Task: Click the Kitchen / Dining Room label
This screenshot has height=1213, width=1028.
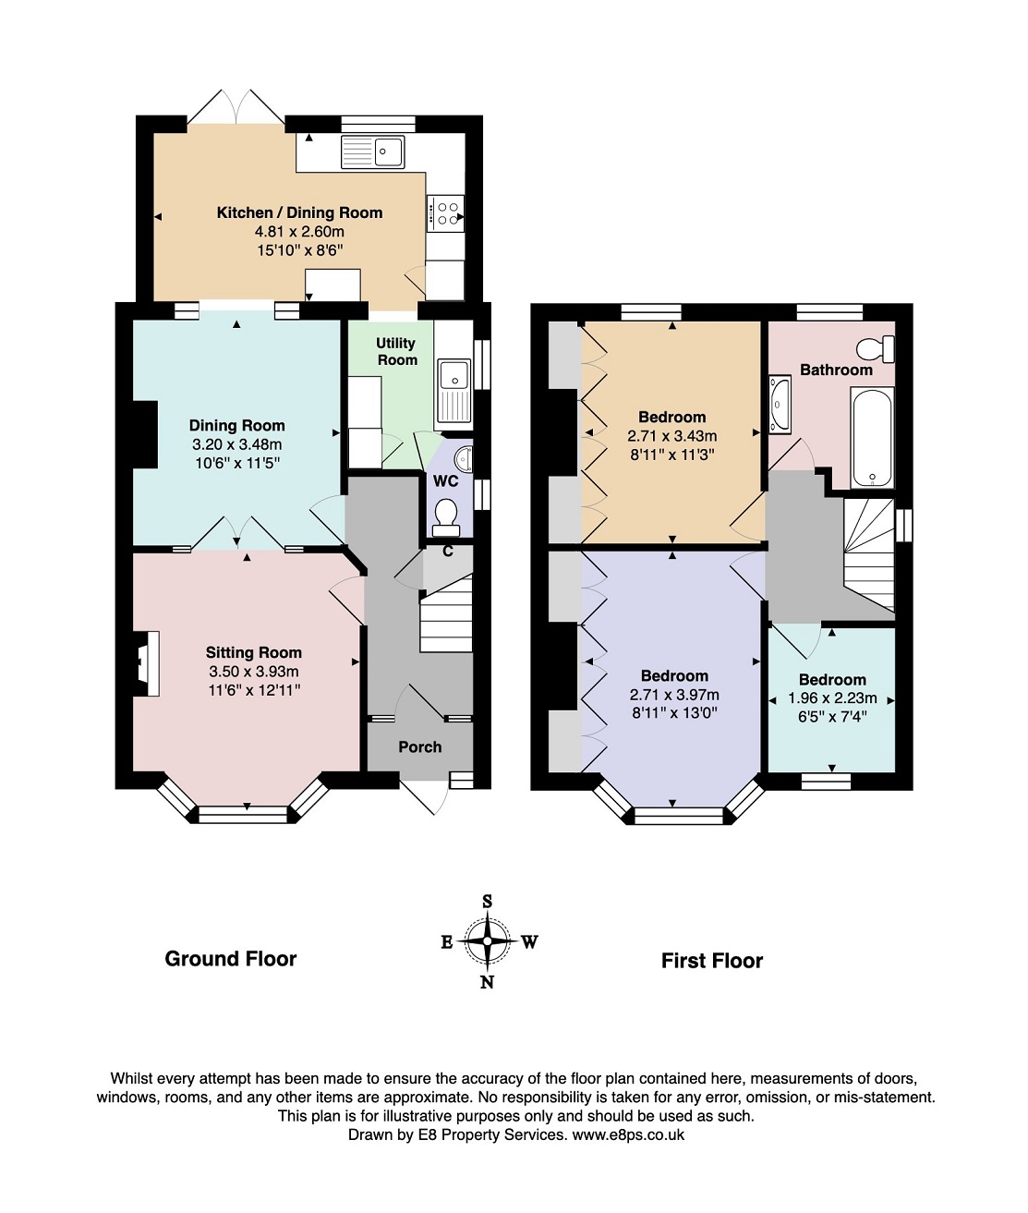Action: tap(299, 212)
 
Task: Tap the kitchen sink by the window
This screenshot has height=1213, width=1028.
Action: tap(373, 152)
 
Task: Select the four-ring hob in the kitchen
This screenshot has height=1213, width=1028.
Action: tap(445, 213)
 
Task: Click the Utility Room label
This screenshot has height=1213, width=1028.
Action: tap(396, 351)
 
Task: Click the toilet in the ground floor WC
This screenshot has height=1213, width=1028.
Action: tap(446, 516)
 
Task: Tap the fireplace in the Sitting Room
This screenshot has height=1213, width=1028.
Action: tap(146, 663)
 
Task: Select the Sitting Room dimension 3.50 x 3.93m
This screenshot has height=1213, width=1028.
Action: tap(253, 672)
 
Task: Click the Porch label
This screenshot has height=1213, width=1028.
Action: tap(419, 746)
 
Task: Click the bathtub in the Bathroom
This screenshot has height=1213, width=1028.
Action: tap(872, 439)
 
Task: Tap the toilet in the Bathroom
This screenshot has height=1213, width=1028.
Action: tap(876, 349)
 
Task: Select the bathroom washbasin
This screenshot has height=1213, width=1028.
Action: tap(780, 405)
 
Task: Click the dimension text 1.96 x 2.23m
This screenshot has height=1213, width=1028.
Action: tap(832, 698)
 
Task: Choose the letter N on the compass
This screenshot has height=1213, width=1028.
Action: tap(487, 982)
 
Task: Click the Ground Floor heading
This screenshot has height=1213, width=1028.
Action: tap(230, 959)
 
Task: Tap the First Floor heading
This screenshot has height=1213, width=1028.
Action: tap(711, 961)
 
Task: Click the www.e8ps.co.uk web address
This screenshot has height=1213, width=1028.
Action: tap(628, 1134)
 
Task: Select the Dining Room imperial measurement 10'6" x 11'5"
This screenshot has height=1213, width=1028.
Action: tap(236, 463)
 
